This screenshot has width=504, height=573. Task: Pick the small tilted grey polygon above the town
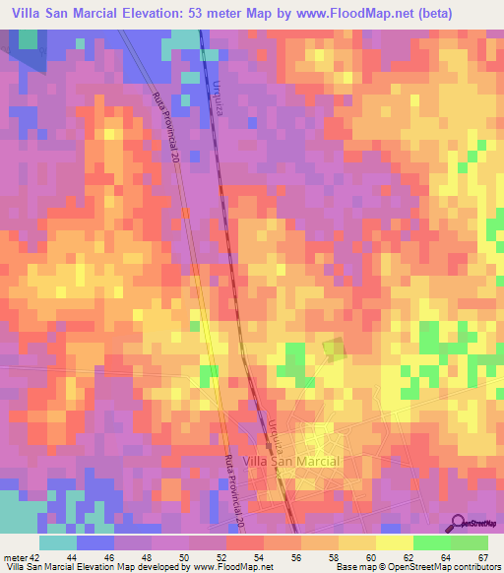(x=335, y=348)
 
